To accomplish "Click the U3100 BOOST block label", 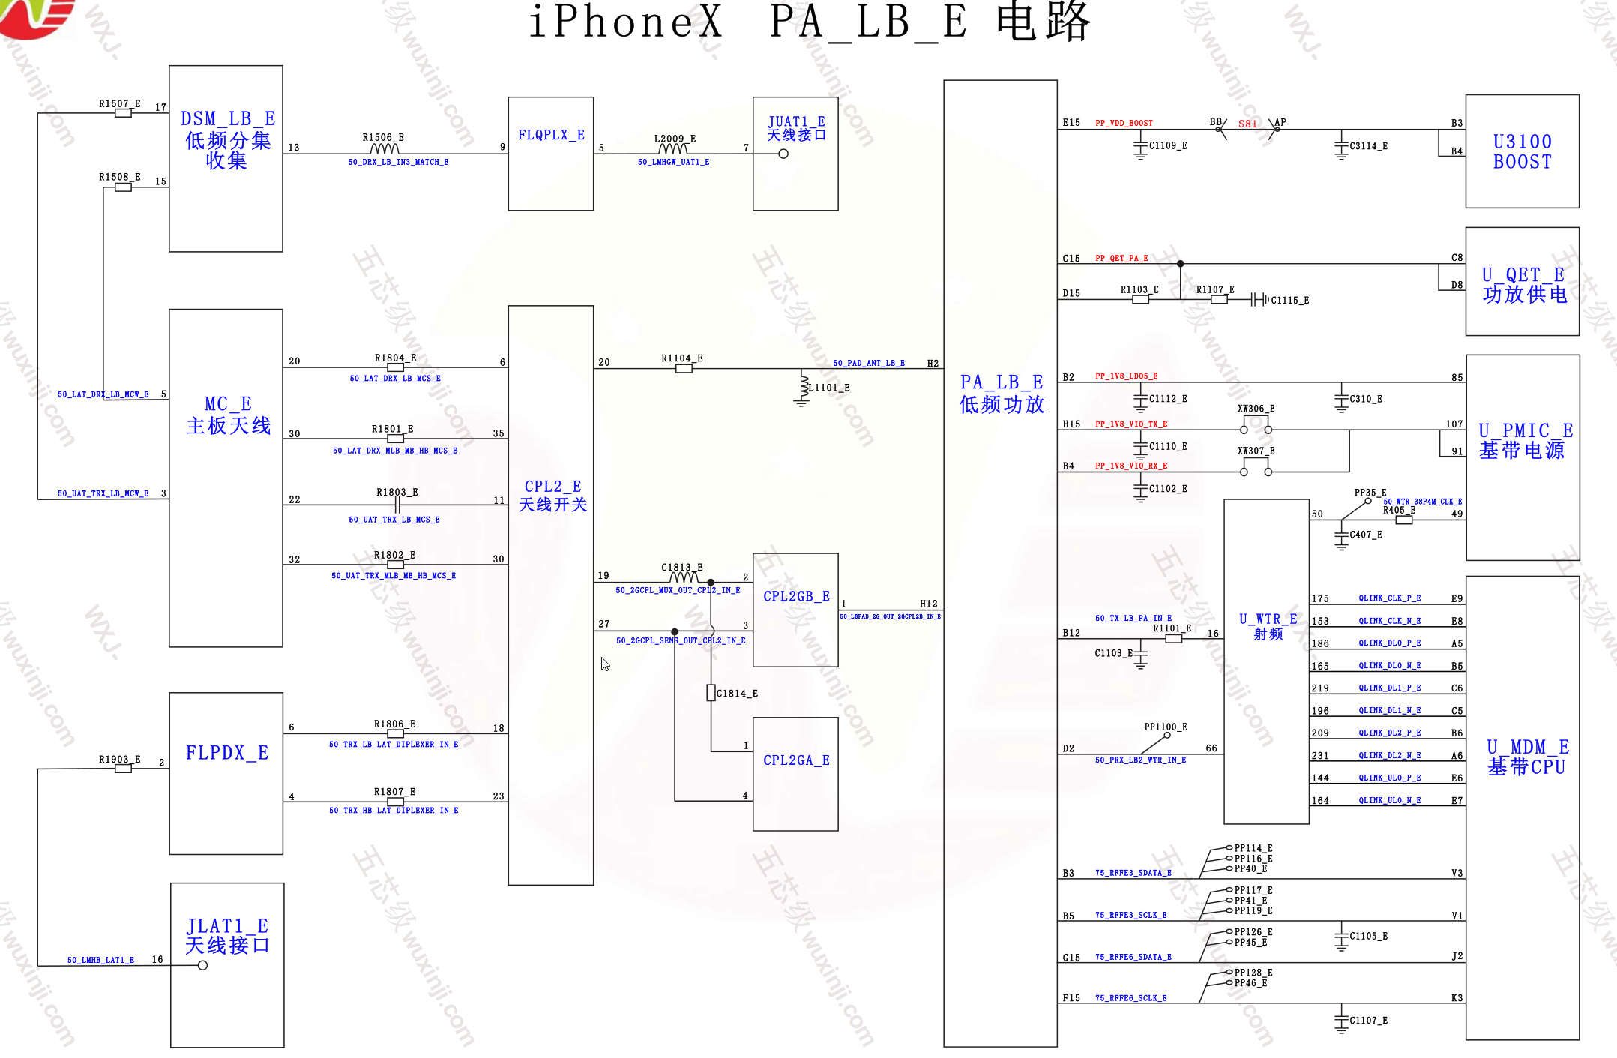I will pyautogui.click(x=1522, y=152).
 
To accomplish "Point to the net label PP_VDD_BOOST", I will pyautogui.click(x=1124, y=124).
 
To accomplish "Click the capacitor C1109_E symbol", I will pyautogui.click(x=1140, y=147).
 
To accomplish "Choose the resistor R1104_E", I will pyautogui.click(x=684, y=368).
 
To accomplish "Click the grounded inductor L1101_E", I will pyautogui.click(x=802, y=388).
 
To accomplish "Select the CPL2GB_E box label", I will pyautogui.click(x=796, y=597).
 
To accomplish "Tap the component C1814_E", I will pyautogui.click(x=711, y=693).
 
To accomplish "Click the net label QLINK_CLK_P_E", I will pyautogui.click(x=1389, y=598).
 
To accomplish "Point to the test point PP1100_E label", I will pyautogui.click(x=1165, y=727).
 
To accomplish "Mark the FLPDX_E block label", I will pyautogui.click(x=227, y=753).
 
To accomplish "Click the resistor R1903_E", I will pyautogui.click(x=123, y=769).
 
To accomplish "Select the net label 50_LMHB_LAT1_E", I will pyautogui.click(x=100, y=961).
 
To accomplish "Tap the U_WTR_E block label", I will pyautogui.click(x=1268, y=626).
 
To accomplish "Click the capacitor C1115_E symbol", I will pyautogui.click(x=1258, y=300).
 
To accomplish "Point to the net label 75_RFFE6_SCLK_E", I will pyautogui.click(x=1130, y=999).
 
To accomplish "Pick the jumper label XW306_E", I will pyautogui.click(x=1256, y=409).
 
